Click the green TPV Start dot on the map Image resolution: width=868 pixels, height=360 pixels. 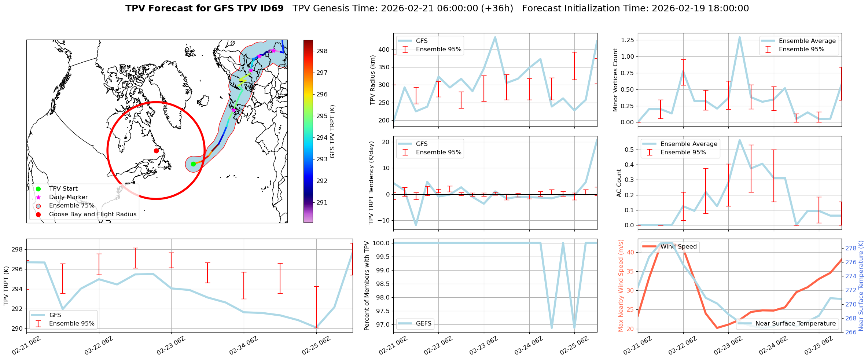193,164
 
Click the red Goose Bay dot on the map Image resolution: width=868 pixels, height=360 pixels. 156,151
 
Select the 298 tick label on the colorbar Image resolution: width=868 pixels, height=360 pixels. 322,51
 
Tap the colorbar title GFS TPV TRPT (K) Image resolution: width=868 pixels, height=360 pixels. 332,131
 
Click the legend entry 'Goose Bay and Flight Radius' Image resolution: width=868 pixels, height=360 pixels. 92,214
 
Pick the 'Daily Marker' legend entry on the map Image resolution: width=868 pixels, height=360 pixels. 68,197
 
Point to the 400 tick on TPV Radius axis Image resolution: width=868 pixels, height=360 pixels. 384,49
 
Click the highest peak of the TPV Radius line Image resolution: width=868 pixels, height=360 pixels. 495,37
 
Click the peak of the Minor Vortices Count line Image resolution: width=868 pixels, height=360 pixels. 740,37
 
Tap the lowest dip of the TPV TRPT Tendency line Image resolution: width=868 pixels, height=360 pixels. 416,225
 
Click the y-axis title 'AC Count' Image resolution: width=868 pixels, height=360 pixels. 619,183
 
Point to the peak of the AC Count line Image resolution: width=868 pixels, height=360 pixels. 740,140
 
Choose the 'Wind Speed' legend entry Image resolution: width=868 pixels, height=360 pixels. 678,247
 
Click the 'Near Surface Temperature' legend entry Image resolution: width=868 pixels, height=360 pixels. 795,323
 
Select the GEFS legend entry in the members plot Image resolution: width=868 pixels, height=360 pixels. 423,323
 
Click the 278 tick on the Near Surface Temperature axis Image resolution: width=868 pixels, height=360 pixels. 851,248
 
